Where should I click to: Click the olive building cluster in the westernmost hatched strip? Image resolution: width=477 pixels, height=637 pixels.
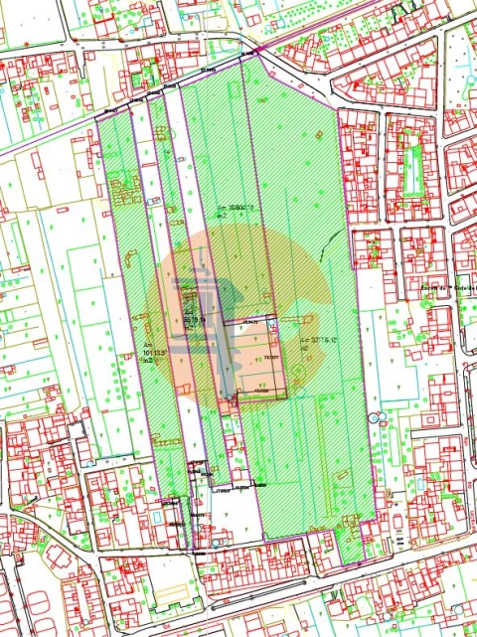coord(124,189)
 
